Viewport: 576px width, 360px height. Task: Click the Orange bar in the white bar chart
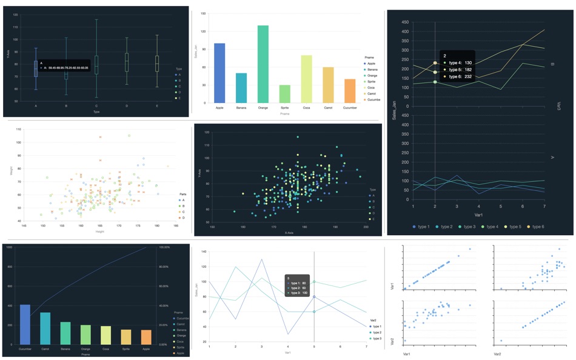point(263,64)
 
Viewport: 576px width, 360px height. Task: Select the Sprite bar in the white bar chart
point(284,94)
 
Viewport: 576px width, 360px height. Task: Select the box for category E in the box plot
point(157,64)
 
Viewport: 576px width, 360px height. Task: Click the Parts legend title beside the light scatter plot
point(182,195)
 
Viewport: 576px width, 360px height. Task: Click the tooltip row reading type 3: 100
point(298,293)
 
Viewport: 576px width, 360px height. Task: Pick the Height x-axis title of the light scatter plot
point(99,232)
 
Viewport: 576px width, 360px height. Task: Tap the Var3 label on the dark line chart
point(559,106)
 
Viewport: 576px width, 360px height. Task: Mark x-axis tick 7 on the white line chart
point(366,346)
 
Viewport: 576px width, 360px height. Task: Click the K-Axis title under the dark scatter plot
point(289,233)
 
